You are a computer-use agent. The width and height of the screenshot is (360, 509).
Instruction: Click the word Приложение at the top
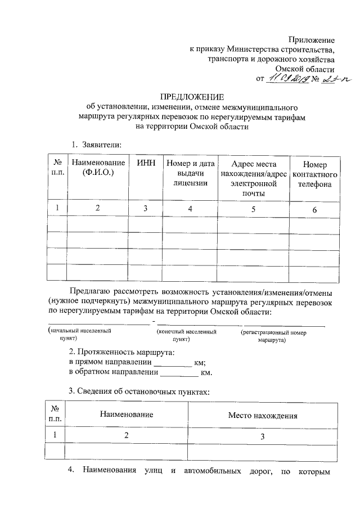312,40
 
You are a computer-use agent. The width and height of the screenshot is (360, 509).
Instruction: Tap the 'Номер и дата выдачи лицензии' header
190,173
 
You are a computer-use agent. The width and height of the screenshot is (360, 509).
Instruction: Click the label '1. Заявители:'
97,145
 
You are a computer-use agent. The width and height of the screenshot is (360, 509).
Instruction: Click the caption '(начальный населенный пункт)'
79,336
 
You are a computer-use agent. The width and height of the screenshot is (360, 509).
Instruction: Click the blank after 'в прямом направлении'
173,362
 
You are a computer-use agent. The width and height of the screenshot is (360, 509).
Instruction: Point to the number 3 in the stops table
262,436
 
